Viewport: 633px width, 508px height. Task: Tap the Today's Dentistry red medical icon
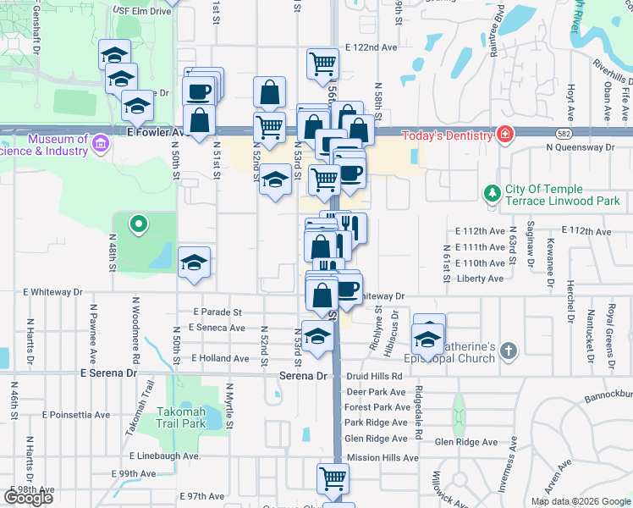click(505, 135)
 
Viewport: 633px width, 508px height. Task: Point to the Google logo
click(28, 497)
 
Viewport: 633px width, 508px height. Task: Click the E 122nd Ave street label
click(371, 48)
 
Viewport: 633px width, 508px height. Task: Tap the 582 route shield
click(564, 133)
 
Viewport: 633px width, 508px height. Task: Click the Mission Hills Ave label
click(383, 457)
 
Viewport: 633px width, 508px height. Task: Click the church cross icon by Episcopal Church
click(508, 350)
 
